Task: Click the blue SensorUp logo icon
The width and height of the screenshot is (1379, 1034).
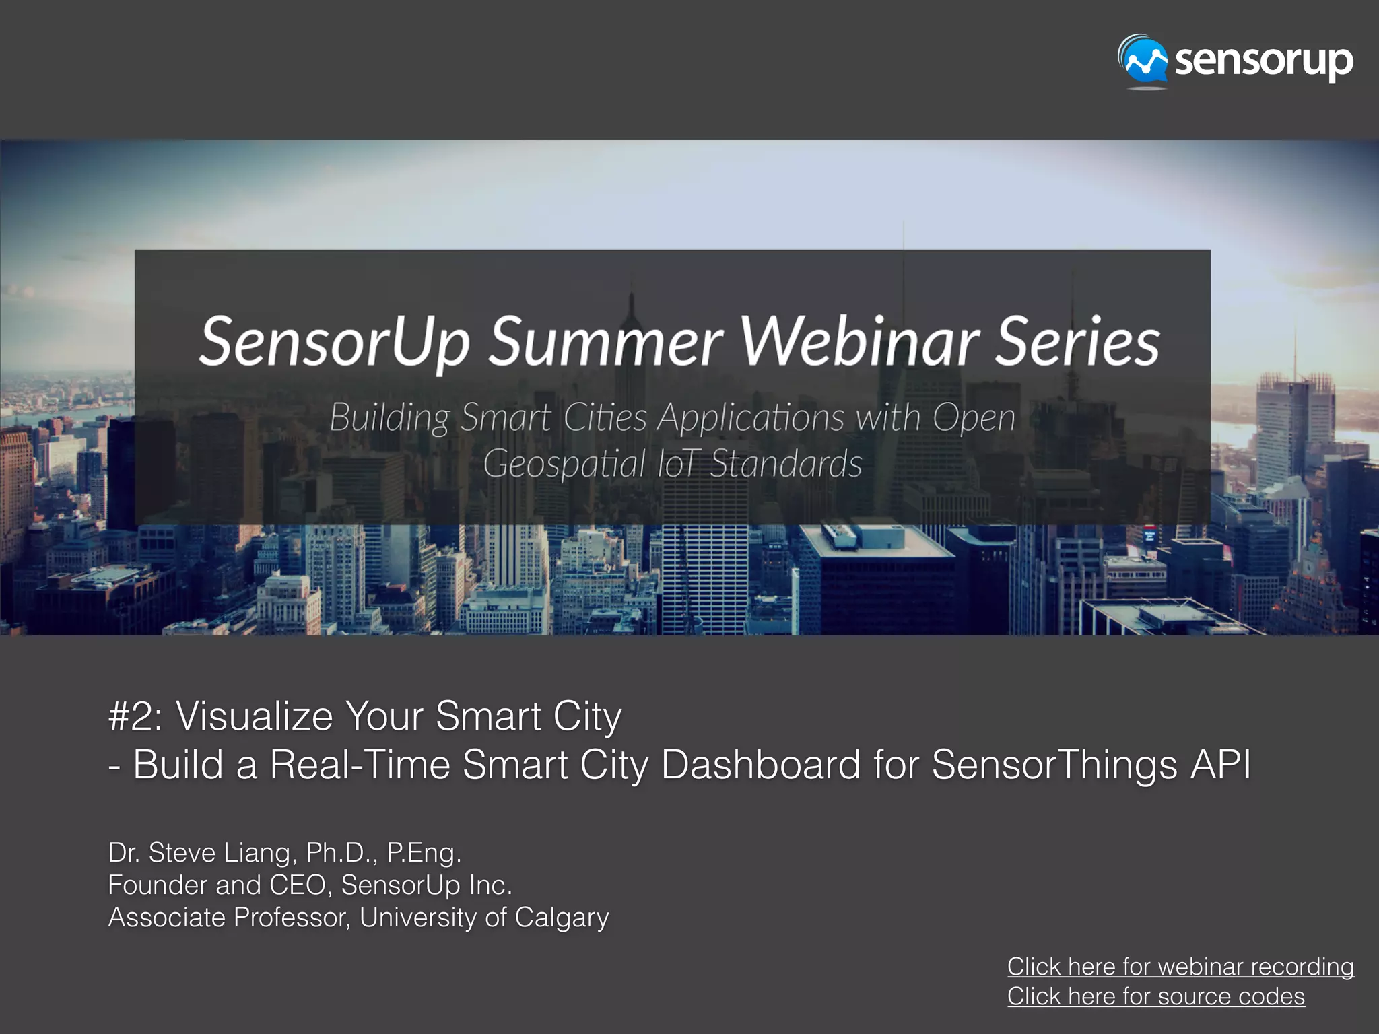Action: [x=1143, y=63]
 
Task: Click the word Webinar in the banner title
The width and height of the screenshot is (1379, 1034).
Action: [x=859, y=342]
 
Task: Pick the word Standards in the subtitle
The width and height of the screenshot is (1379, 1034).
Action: [x=786, y=464]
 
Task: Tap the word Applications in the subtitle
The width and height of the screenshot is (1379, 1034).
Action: [x=750, y=418]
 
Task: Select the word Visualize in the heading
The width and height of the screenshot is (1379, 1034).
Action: [x=255, y=716]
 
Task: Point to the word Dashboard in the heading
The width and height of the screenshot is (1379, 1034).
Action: [x=761, y=765]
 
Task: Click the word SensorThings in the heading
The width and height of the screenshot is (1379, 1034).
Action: [x=1054, y=765]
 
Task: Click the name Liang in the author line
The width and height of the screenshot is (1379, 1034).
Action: [x=260, y=854]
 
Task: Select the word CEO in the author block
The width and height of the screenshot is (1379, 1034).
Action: [x=298, y=885]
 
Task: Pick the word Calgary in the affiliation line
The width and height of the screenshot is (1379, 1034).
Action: [x=562, y=918]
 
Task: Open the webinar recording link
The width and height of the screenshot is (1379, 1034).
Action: [x=1180, y=967]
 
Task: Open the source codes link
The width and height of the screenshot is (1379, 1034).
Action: [x=1155, y=996]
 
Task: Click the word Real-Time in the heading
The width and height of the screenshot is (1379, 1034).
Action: [x=360, y=765]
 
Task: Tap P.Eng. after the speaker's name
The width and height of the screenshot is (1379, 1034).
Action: [x=424, y=854]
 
